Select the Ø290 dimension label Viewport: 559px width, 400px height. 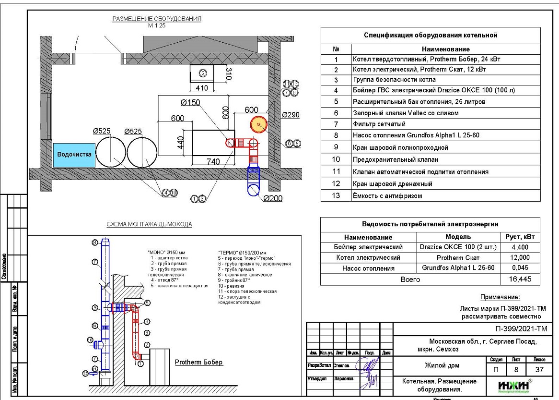[x=291, y=115]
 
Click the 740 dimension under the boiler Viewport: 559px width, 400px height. [x=213, y=161]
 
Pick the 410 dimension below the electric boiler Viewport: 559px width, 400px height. [x=202, y=88]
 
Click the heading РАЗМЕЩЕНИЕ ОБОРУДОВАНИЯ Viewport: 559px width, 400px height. [x=157, y=19]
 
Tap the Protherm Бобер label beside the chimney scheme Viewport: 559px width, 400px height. [x=198, y=362]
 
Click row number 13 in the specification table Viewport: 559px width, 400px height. [x=336, y=196]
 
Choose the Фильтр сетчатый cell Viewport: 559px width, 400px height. [x=379, y=124]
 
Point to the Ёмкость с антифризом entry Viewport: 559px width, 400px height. [x=387, y=196]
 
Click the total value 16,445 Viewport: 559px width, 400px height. [x=520, y=279]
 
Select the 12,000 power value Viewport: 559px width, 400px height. [x=520, y=258]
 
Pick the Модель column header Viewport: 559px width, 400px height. [x=458, y=237]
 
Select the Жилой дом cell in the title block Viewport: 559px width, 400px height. [x=440, y=365]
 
